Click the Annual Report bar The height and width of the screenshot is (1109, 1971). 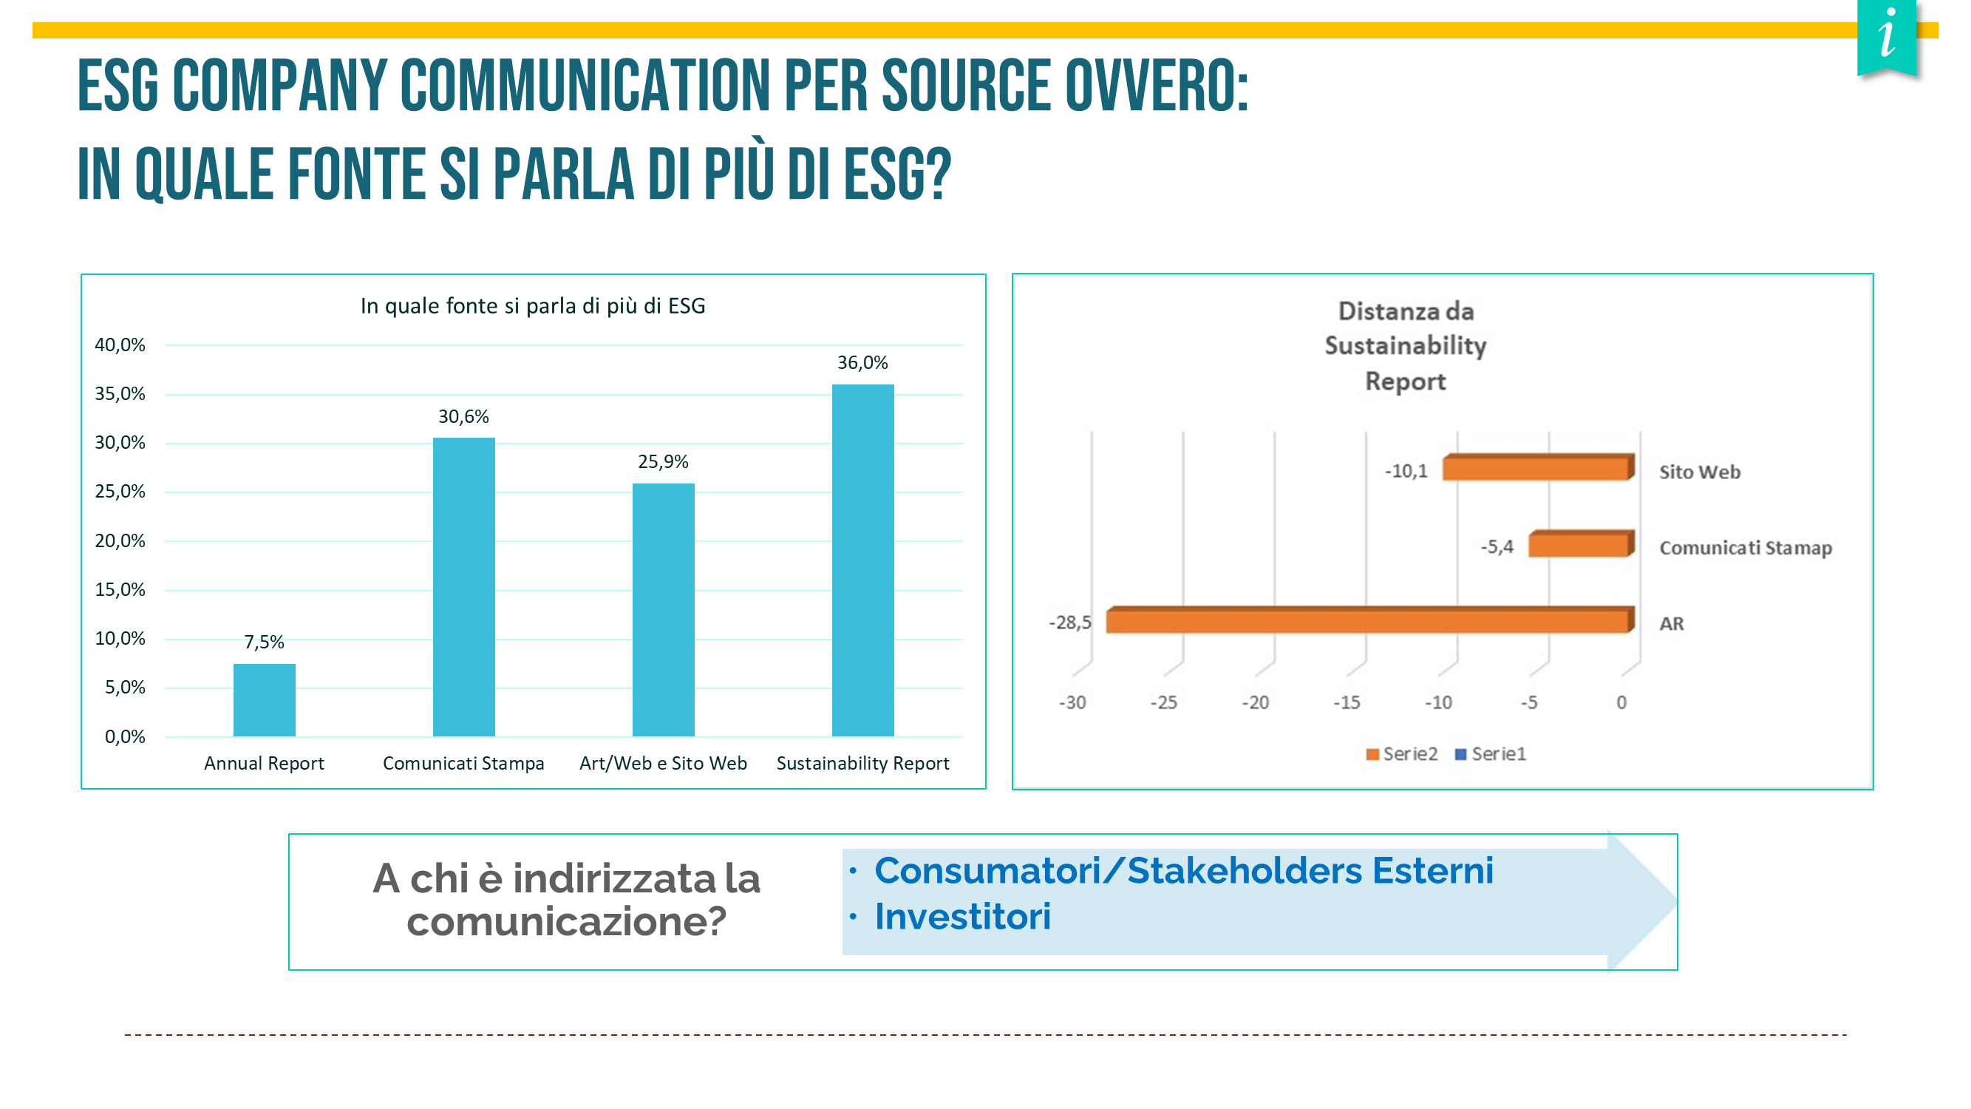tap(264, 699)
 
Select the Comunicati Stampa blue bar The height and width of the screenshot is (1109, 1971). tap(463, 587)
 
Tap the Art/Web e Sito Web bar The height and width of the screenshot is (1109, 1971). tap(664, 610)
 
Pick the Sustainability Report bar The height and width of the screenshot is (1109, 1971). tap(863, 560)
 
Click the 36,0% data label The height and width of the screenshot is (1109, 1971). tap(862, 363)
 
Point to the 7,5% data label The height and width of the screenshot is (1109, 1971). tap(264, 642)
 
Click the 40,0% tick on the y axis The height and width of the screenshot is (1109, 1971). tap(120, 345)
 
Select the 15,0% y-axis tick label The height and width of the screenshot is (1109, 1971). tap(120, 590)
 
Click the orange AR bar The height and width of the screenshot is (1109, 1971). tap(1370, 620)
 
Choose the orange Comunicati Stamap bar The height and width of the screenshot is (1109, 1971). tap(1582, 543)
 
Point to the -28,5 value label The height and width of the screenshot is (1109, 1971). tap(1069, 623)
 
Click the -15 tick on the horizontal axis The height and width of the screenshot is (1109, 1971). tap(1347, 702)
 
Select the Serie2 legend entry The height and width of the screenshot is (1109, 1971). tap(1402, 755)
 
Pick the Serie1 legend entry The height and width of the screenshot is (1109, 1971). tap(1491, 755)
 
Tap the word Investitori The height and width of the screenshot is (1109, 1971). tap(962, 917)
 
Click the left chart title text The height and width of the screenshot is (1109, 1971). tap(533, 306)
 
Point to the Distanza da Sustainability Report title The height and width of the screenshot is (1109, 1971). tap(1406, 346)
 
